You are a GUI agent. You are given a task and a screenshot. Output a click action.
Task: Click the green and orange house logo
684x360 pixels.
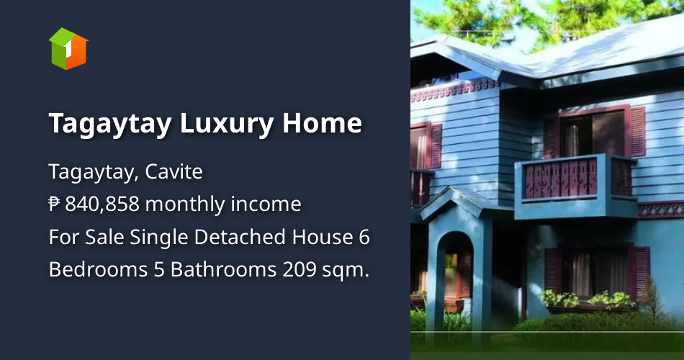pos(68,49)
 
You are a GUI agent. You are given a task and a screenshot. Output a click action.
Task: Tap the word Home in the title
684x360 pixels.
pos(322,124)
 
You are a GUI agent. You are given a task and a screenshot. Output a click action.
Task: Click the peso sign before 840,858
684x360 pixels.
pos(54,205)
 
